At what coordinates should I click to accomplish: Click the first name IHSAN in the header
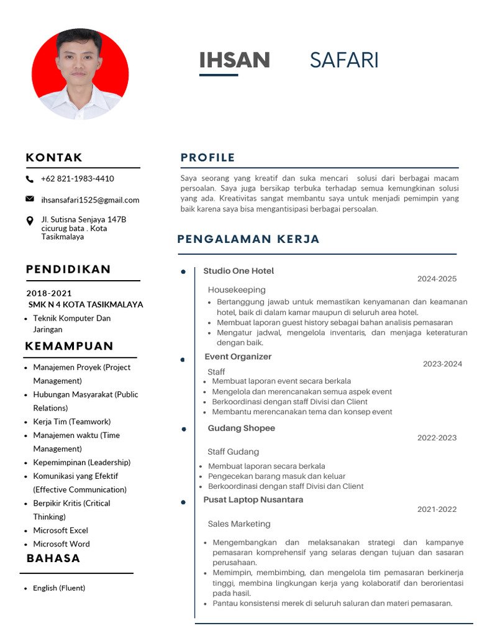234,60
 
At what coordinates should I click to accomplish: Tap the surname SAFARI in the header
344,60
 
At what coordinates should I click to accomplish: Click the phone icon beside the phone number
30,179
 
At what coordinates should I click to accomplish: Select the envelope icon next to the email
30,199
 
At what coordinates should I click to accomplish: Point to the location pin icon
30,221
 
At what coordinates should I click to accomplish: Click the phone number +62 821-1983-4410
78,179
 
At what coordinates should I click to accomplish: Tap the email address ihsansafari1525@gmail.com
90,200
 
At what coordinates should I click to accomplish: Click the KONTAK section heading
54,158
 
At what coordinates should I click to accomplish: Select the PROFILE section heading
208,158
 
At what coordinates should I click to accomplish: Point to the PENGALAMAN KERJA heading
248,239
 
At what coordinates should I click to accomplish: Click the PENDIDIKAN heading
68,269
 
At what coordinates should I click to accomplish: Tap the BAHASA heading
53,558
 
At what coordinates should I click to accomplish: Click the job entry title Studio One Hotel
238,271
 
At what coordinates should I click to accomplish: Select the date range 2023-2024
442,364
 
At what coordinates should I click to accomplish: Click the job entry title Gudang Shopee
241,428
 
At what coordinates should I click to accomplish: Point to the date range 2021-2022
437,509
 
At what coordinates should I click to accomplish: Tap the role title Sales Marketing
239,524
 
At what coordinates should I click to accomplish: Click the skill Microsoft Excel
60,530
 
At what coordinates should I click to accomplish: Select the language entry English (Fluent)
59,588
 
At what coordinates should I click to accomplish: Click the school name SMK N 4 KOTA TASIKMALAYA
86,304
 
